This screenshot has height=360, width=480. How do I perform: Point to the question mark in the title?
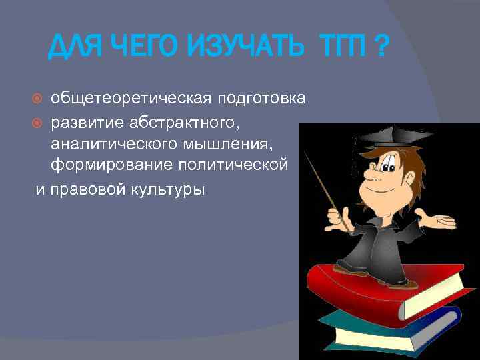(381, 48)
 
